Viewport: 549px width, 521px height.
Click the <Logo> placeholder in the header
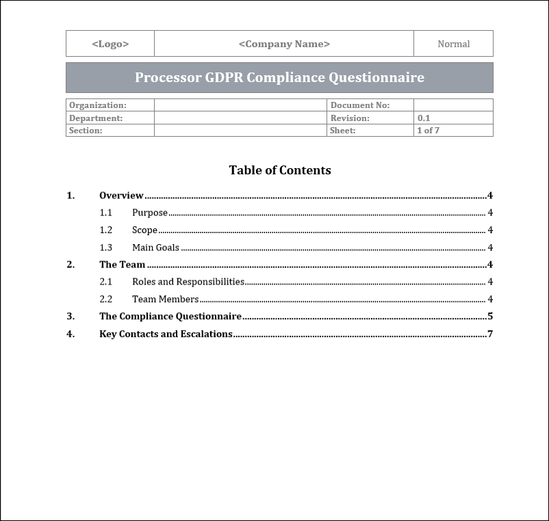pyautogui.click(x=110, y=44)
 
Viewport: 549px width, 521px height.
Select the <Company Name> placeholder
pyautogui.click(x=284, y=44)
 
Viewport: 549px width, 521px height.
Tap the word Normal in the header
pyautogui.click(x=453, y=44)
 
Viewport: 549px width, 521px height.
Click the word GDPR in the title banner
pyautogui.click(x=224, y=77)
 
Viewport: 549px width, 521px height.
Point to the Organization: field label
pyautogui.click(x=98, y=105)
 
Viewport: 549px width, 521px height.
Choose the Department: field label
pyautogui.click(x=96, y=118)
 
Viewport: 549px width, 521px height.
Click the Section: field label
pyautogui.click(x=86, y=130)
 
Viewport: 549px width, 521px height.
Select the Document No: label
pyautogui.click(x=360, y=105)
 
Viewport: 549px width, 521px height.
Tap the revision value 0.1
pyautogui.click(x=424, y=118)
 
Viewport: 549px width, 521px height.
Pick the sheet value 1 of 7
pyautogui.click(x=429, y=130)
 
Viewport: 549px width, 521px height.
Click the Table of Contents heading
pyautogui.click(x=280, y=170)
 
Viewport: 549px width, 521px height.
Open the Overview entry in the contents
pyautogui.click(x=121, y=196)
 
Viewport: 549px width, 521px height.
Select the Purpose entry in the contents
pyautogui.click(x=150, y=213)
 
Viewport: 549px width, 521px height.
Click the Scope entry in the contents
pyautogui.click(x=144, y=230)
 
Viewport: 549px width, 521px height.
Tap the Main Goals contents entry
pyautogui.click(x=155, y=248)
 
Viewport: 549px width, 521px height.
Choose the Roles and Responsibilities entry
pyautogui.click(x=188, y=282)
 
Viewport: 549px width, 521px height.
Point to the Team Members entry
pyautogui.click(x=165, y=299)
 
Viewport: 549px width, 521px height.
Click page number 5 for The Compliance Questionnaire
pyautogui.click(x=490, y=316)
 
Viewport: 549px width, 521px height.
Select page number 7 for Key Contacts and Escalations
pyautogui.click(x=490, y=334)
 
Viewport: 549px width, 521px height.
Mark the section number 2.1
pyautogui.click(x=105, y=282)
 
